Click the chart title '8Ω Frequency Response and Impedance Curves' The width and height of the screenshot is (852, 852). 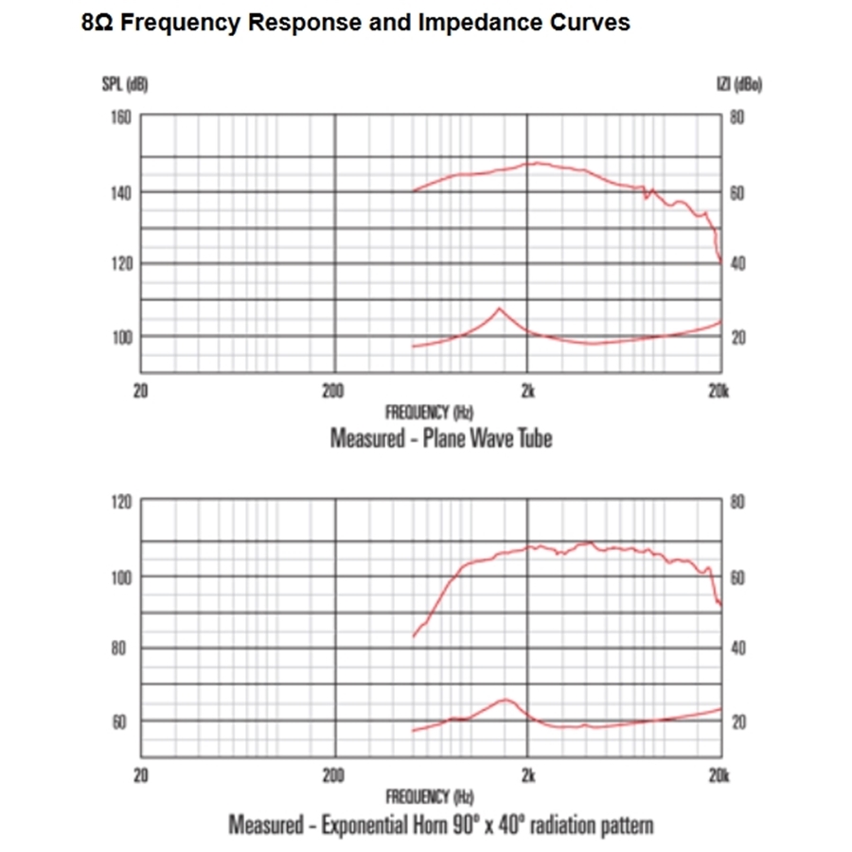[x=356, y=24]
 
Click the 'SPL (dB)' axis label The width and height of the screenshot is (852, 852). [x=125, y=85]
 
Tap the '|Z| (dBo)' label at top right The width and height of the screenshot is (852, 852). [x=742, y=85]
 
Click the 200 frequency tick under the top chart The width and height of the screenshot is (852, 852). [x=332, y=391]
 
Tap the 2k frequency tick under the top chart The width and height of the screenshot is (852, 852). [x=528, y=391]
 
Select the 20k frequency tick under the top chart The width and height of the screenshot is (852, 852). [x=719, y=391]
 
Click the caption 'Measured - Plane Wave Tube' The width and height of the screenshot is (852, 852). [x=441, y=439]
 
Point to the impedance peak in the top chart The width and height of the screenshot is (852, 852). [x=500, y=309]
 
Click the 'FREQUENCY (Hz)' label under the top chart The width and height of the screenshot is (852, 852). [x=429, y=412]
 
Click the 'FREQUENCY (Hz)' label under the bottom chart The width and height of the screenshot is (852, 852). [x=429, y=796]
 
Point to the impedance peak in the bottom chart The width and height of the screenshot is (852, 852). [x=506, y=701]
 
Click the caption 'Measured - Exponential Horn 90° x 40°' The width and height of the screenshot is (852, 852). [x=441, y=825]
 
